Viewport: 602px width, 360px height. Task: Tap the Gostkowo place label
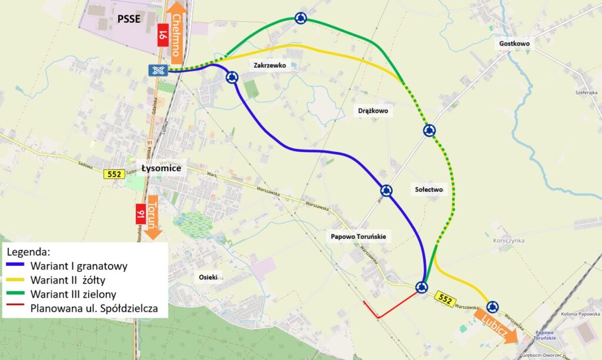[514, 44]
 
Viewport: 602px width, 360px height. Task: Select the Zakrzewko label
[270, 66]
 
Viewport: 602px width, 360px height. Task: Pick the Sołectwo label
[427, 190]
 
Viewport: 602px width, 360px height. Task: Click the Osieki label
[208, 277]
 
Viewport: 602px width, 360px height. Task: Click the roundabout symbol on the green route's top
[300, 18]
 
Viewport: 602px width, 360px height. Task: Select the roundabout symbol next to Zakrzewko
[232, 76]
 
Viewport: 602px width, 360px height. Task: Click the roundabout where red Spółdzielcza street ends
[421, 287]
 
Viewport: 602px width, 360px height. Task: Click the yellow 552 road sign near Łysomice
[113, 174]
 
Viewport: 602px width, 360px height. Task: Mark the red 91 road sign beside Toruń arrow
[141, 215]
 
